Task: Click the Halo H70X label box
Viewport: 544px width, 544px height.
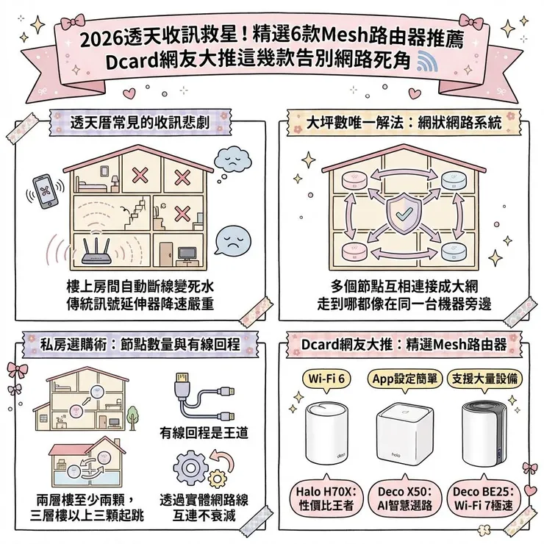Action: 326,497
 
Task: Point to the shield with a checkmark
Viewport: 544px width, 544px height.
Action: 403,213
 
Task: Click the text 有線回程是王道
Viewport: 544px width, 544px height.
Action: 204,433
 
